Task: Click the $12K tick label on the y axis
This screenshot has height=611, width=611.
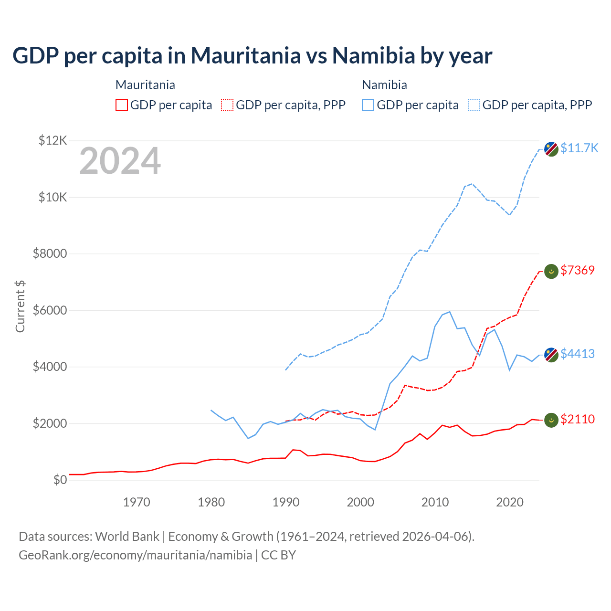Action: [53, 140]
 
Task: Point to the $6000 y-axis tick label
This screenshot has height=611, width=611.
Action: [50, 310]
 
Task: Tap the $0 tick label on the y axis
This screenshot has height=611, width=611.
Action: [60, 480]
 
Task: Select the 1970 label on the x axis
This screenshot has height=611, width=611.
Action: [137, 502]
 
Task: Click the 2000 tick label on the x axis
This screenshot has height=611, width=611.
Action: [360, 502]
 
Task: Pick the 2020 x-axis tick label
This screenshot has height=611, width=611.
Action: [510, 502]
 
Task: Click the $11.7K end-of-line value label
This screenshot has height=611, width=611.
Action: [579, 148]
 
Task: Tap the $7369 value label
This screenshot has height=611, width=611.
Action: [578, 270]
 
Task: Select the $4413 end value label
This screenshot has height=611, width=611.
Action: [578, 354]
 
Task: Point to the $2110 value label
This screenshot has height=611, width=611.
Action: [578, 419]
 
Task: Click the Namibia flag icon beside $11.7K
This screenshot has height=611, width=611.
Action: [551, 148]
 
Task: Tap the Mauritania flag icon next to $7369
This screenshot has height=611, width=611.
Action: [551, 271]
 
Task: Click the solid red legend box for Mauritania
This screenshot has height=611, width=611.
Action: [122, 105]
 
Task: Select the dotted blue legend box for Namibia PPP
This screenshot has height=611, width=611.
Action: [474, 105]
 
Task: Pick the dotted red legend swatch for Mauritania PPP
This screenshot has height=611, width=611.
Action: [227, 105]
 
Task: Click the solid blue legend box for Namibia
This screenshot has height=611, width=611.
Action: [368, 105]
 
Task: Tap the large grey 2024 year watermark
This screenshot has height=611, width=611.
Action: [120, 161]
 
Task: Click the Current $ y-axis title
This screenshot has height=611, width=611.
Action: [20, 306]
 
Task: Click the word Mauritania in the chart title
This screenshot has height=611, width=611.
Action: [246, 56]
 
